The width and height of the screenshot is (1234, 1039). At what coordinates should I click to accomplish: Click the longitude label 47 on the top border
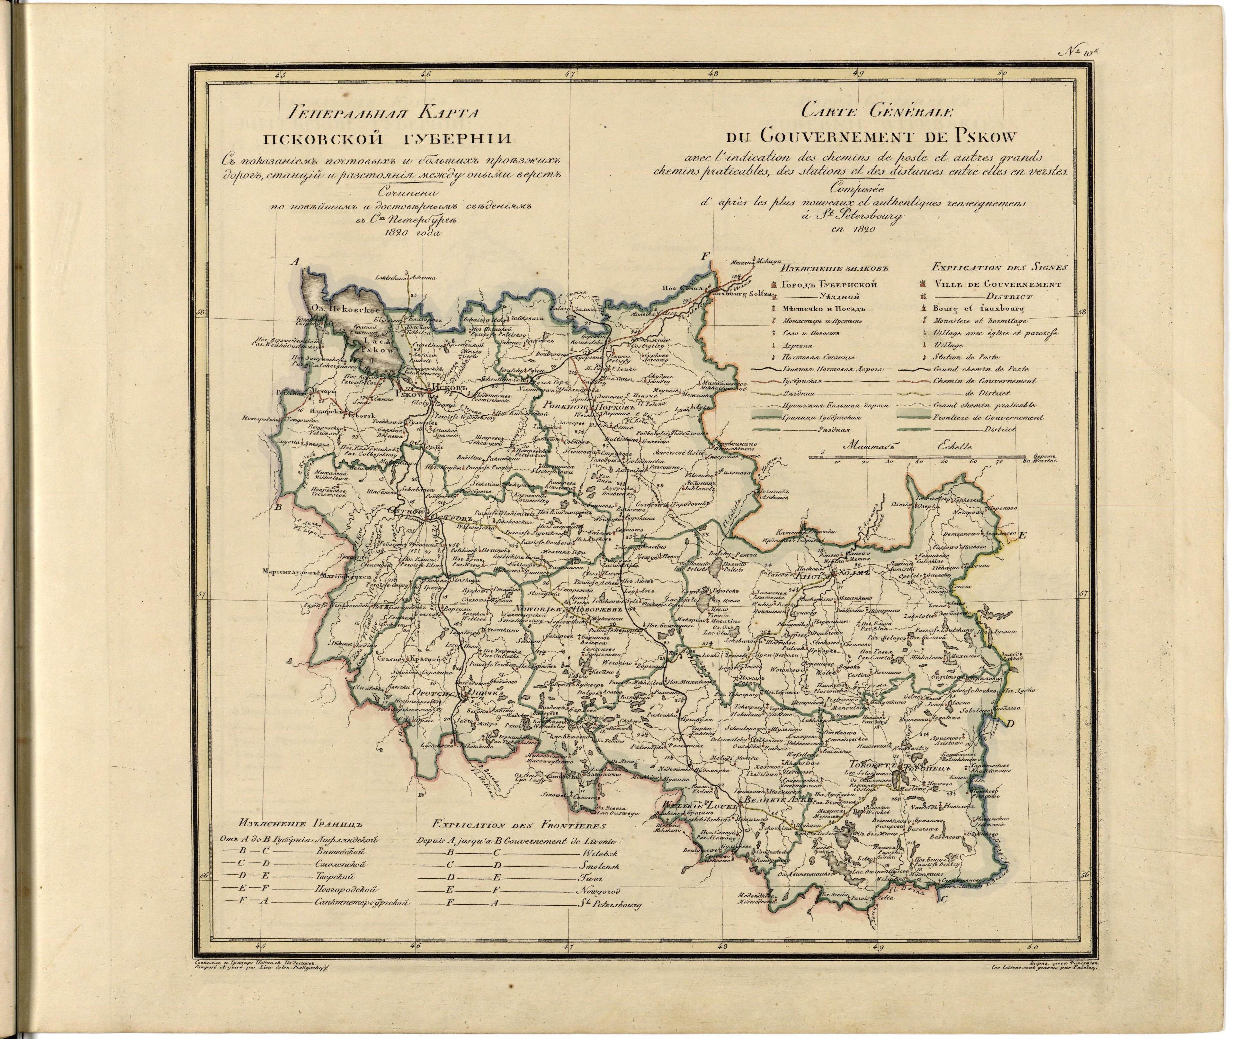pyautogui.click(x=569, y=75)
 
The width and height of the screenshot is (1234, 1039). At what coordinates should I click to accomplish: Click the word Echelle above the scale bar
pyautogui.click(x=952, y=447)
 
